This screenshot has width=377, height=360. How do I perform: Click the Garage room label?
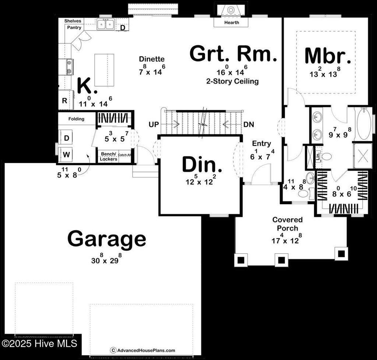tap(106, 239)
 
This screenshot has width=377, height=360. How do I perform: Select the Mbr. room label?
tap(328, 56)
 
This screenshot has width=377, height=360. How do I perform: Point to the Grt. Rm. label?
tap(233, 54)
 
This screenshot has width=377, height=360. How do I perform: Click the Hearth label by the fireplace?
tap(232, 22)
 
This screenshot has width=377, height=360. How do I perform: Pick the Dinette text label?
tap(152, 59)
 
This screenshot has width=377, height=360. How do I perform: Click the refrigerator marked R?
tap(65, 100)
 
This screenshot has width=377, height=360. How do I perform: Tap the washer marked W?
tap(66, 155)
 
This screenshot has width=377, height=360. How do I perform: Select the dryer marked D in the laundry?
tap(67, 138)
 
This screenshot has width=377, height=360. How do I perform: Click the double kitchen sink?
tap(106, 24)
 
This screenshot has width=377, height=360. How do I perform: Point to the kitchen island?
tap(104, 70)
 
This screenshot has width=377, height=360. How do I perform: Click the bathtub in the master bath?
tap(363, 123)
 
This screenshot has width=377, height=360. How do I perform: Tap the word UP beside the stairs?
tap(154, 125)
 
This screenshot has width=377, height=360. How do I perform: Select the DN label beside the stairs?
tap(249, 125)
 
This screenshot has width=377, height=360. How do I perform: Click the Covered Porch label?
tap(288, 224)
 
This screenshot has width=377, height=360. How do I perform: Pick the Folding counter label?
tap(76, 119)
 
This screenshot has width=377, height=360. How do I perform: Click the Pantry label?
tap(74, 28)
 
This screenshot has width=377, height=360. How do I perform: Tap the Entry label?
tap(261, 144)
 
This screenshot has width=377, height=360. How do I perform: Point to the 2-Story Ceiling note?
tap(232, 81)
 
